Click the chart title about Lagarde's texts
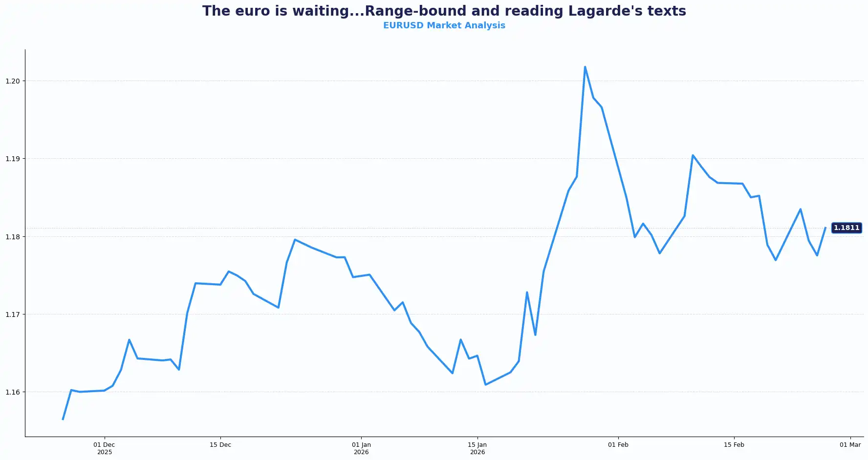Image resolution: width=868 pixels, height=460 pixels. click(x=444, y=11)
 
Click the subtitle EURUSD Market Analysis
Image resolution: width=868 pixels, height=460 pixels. click(x=444, y=25)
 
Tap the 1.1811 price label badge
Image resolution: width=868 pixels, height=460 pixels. click(x=846, y=228)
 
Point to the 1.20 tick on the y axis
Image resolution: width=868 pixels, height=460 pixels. click(x=13, y=81)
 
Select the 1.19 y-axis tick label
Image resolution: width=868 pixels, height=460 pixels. click(x=13, y=159)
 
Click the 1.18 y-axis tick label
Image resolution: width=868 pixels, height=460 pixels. click(x=13, y=237)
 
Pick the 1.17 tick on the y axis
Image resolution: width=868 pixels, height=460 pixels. click(x=13, y=314)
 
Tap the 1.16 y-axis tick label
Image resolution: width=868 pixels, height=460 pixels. click(x=13, y=392)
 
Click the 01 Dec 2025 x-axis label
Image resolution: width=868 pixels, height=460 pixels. click(x=104, y=448)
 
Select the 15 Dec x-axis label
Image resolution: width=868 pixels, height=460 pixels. click(x=220, y=445)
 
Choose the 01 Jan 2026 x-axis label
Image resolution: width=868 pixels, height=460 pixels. click(x=361, y=448)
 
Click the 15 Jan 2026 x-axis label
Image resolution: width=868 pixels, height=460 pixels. click(x=477, y=448)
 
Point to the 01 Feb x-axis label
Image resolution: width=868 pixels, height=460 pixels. click(x=618, y=445)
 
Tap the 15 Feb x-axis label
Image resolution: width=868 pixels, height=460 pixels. click(x=734, y=445)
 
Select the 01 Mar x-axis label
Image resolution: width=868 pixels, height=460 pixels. click(x=850, y=445)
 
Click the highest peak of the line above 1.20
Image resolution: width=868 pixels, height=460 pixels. click(x=585, y=67)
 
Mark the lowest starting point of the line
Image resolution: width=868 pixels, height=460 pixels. click(x=63, y=419)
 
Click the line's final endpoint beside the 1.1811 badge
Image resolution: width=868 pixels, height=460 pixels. click(x=825, y=228)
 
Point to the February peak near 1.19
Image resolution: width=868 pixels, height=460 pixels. click(x=693, y=155)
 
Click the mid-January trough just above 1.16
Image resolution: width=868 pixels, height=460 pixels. click(x=485, y=384)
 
